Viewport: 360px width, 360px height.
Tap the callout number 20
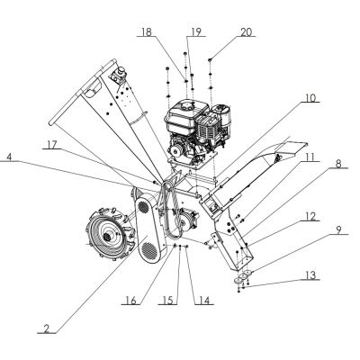coord(246,32)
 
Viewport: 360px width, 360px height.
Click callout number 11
coord(311,157)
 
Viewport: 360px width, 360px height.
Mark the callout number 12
coord(310,215)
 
